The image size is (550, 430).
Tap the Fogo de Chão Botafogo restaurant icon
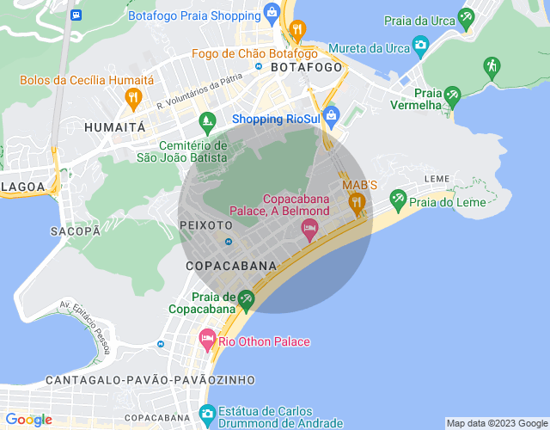tap(297, 30)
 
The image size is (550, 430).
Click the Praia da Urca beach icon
tap(466, 16)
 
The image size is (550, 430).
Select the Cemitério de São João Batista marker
tap(205, 120)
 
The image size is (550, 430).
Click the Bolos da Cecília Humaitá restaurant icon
tap(132, 98)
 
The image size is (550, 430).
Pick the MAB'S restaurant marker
tap(356, 203)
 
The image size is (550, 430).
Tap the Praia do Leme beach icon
tap(398, 200)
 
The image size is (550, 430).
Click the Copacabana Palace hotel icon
tap(309, 229)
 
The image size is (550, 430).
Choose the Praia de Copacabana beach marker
tap(247, 299)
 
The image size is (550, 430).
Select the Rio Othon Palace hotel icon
tap(207, 340)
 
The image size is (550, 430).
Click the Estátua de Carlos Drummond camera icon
tap(206, 413)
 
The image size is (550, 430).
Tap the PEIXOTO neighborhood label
tap(202, 225)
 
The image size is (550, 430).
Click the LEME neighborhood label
tap(437, 179)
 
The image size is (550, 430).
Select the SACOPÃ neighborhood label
tap(76, 230)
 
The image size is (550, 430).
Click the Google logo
tap(28, 419)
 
